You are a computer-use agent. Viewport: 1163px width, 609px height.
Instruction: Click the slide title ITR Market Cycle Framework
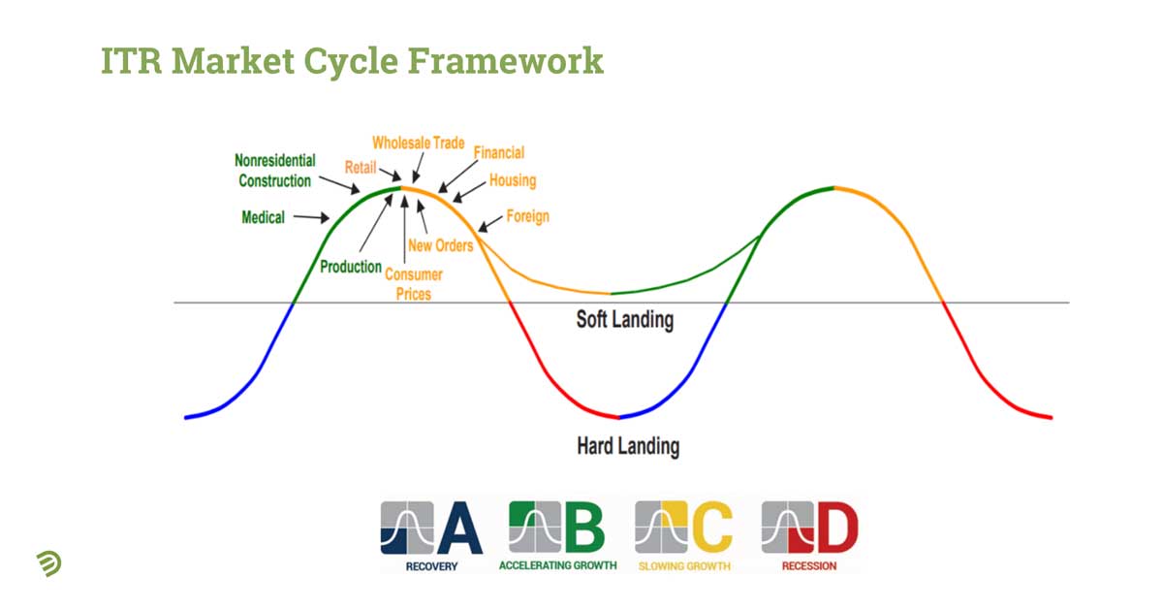coord(352,62)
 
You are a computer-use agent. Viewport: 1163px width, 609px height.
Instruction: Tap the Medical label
coord(264,217)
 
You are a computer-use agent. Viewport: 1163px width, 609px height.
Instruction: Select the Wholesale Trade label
coord(419,143)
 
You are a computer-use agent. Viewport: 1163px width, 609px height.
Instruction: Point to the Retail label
coord(361,168)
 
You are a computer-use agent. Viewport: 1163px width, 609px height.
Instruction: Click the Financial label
coord(499,153)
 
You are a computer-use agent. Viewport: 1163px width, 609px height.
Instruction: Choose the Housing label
coord(513,180)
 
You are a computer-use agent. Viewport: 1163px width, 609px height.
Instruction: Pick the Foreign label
coord(528,216)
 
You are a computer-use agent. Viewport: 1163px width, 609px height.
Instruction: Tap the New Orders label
coord(441,245)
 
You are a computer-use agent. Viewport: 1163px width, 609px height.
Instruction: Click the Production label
coord(351,267)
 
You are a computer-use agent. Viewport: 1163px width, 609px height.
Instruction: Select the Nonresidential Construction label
coord(275,171)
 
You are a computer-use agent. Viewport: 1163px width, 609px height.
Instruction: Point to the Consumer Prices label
coord(414,284)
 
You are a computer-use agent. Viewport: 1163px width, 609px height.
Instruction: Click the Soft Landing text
coord(625,320)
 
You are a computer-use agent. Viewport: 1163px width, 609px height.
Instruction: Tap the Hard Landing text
coord(628,446)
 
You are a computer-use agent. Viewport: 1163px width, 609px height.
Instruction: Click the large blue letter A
coord(460,529)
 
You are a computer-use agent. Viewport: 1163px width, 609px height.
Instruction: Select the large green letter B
coord(584,527)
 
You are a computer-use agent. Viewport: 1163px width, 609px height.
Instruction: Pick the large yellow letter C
coord(713,527)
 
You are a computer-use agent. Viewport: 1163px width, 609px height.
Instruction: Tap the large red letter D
coord(838,527)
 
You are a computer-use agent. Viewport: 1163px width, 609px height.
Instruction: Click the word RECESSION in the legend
coord(809,566)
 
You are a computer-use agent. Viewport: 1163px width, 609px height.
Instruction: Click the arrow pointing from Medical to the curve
coord(311,217)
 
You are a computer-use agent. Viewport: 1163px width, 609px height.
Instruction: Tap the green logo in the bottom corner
coord(49,563)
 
